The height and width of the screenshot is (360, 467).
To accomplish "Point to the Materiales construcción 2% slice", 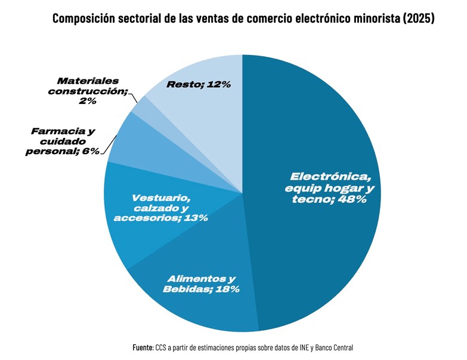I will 142,106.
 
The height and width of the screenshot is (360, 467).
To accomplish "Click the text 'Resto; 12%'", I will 199,85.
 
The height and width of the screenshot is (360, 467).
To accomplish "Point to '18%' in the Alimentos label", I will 227,290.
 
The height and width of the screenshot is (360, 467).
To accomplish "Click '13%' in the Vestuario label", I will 196,218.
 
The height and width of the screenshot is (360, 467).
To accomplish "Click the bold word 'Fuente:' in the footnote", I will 143,347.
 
